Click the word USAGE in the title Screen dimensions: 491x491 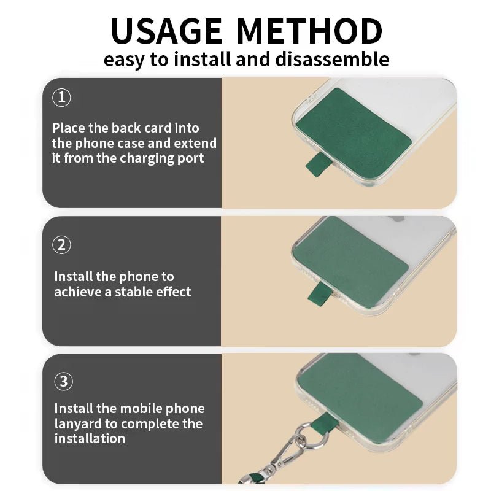[166, 31]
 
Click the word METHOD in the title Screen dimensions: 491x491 [310, 31]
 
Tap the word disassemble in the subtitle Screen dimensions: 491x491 [332, 59]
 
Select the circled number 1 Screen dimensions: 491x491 [62, 98]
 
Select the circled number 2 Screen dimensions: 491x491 [62, 244]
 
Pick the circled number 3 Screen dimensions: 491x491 [64, 381]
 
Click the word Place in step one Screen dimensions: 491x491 [68, 128]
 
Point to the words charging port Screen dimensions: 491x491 [162, 158]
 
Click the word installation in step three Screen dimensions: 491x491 [90, 438]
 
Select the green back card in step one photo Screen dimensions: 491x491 [354, 132]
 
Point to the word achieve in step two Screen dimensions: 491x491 [78, 292]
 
